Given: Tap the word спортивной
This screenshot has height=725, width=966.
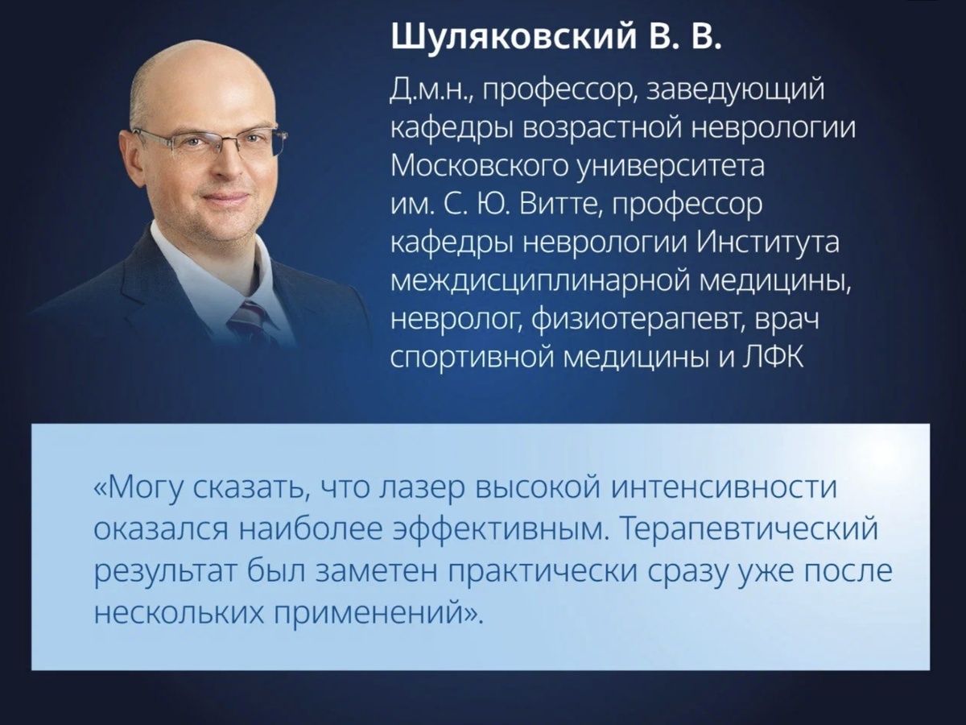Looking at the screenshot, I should pos(470,357).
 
